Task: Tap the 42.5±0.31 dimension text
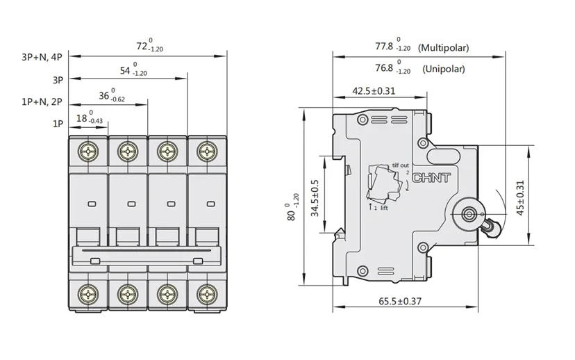tap(374, 90)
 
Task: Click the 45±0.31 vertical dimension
tap(521, 198)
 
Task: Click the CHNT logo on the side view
tap(432, 179)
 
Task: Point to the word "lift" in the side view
tap(383, 208)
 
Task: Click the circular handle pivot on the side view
tap(467, 213)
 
